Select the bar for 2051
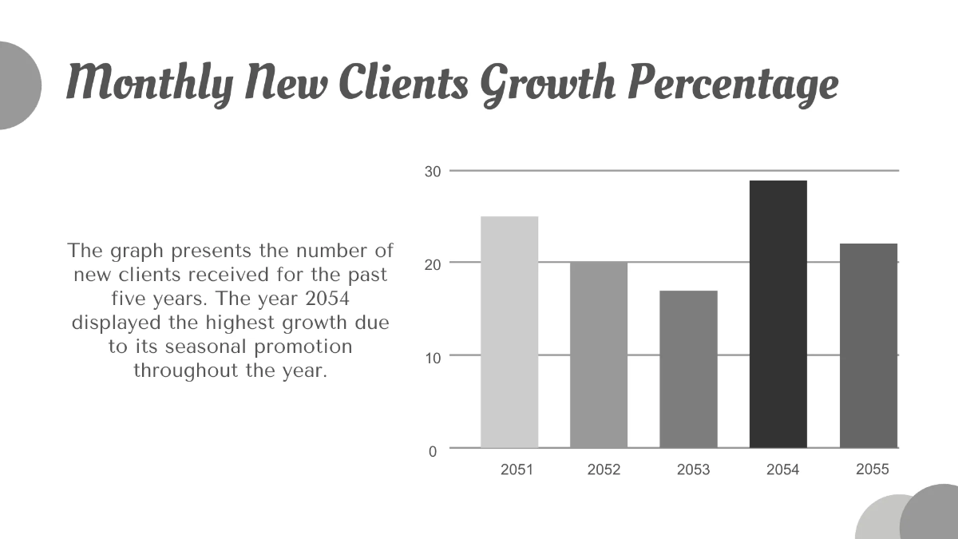509,331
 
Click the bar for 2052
599,355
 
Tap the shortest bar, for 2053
688,369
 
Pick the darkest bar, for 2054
778,314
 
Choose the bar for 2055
869,345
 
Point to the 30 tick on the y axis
432,172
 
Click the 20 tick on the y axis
432,264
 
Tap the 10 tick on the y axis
432,358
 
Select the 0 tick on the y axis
433,451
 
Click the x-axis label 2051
517,470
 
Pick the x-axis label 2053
693,470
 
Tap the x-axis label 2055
872,470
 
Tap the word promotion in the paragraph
303,347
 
